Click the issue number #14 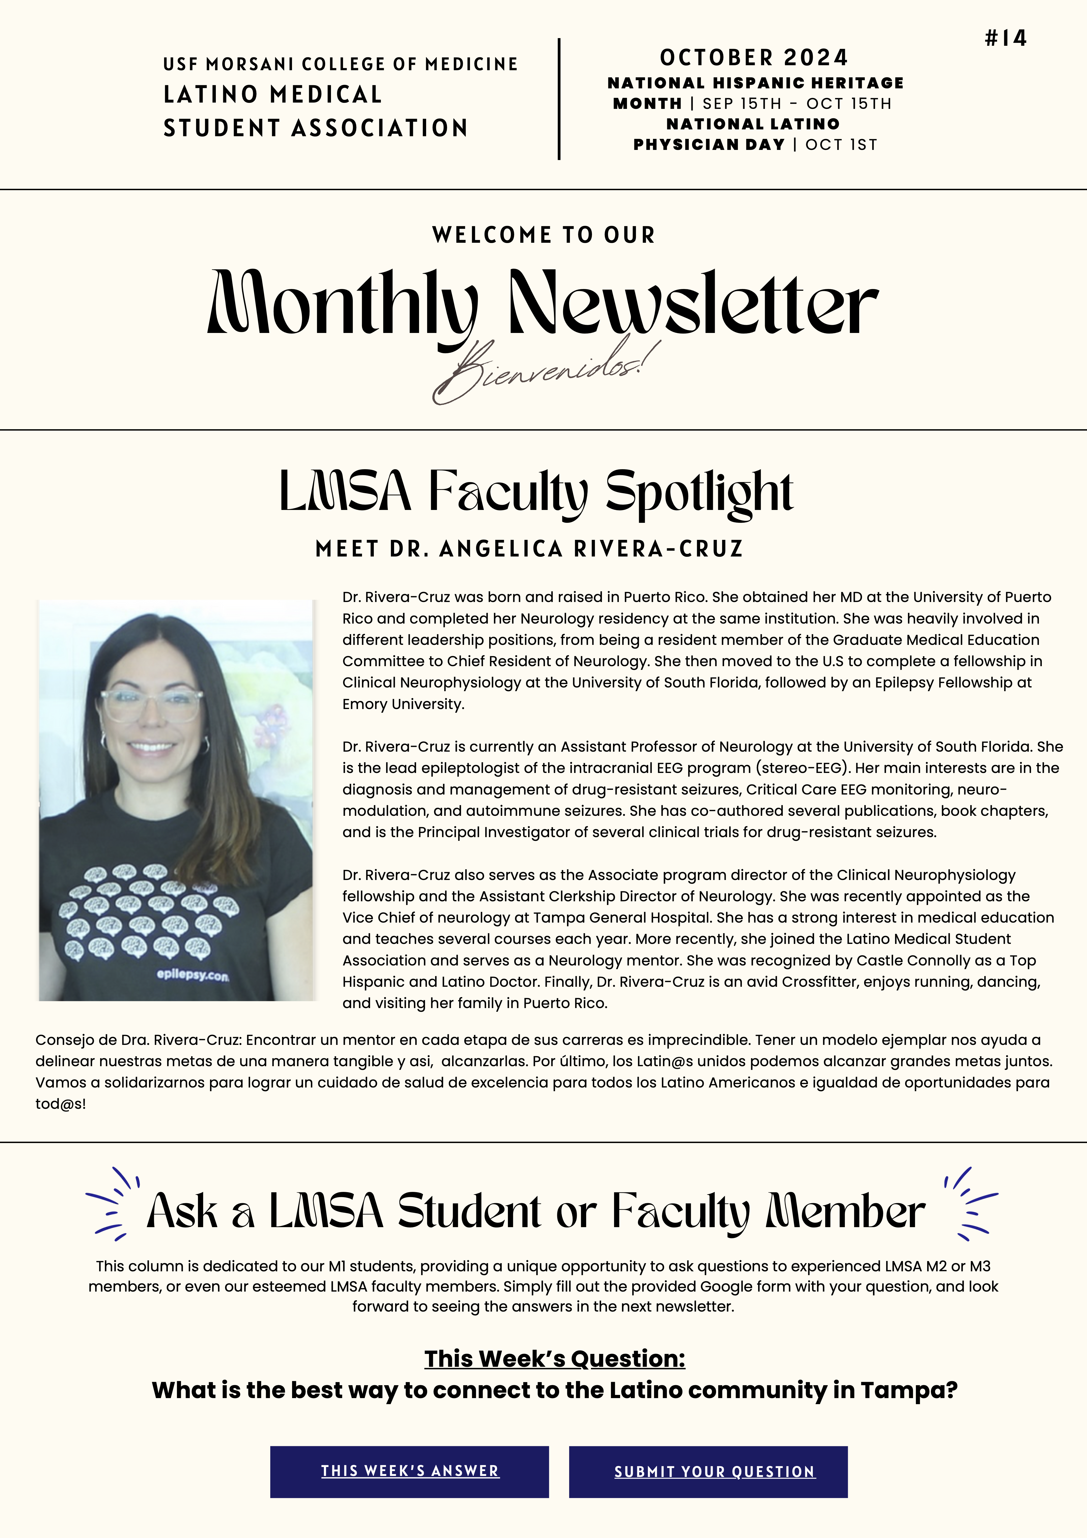pos(1005,38)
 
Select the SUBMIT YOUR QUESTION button pos(715,1472)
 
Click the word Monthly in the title pos(343,305)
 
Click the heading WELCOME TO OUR pos(543,235)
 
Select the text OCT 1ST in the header pos(841,145)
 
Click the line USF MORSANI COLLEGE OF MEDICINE pos(340,64)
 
